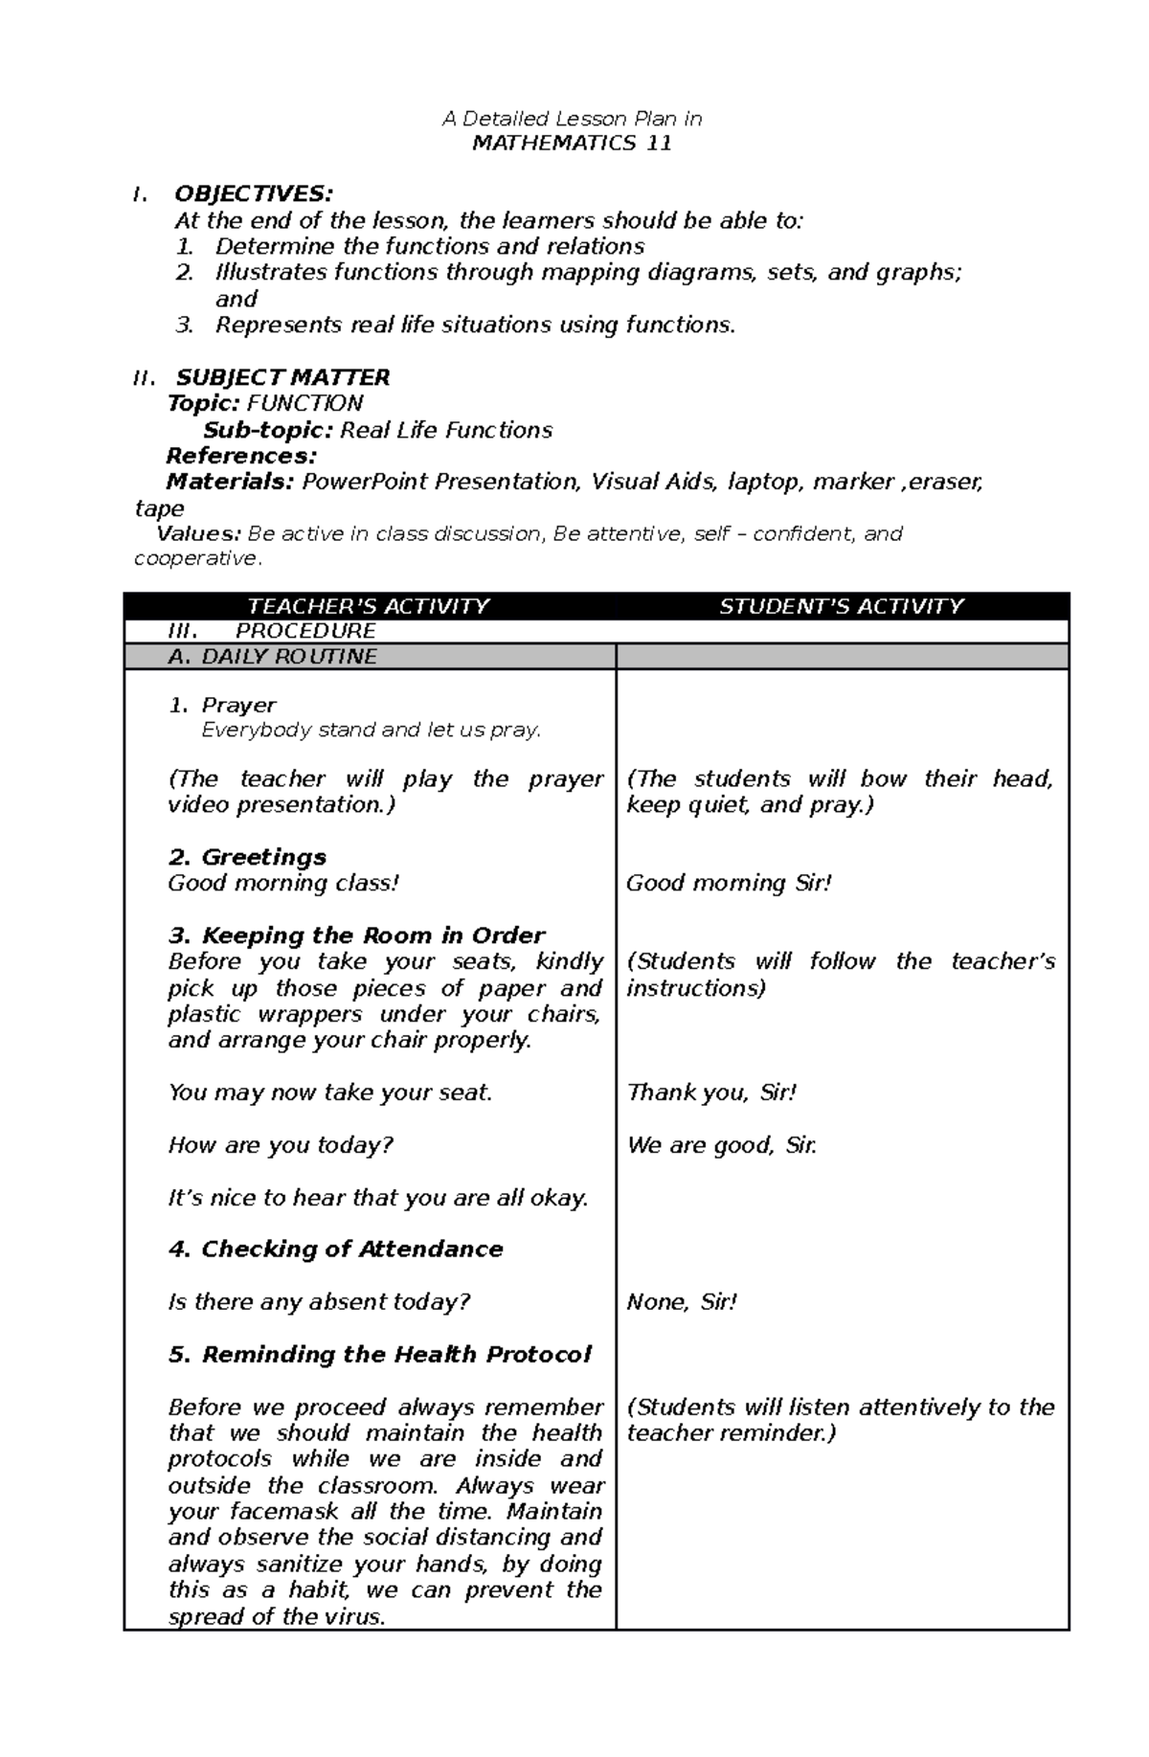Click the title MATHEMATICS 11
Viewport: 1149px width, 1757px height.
click(572, 144)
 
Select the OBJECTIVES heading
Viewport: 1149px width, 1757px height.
click(253, 195)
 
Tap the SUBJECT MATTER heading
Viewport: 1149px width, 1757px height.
click(282, 377)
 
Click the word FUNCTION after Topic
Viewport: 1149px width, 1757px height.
click(304, 403)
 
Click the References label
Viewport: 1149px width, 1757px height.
click(241, 456)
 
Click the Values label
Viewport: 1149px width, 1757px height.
click(199, 533)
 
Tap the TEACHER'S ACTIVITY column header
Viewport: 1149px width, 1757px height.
click(368, 606)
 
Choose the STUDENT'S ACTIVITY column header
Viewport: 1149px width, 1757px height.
click(841, 606)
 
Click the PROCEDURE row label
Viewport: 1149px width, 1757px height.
click(304, 631)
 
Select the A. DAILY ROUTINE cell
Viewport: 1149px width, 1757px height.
click(272, 657)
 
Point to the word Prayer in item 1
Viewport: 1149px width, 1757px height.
click(238, 706)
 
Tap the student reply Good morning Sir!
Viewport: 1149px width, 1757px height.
click(729, 883)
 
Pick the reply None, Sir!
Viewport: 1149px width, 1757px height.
click(682, 1302)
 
